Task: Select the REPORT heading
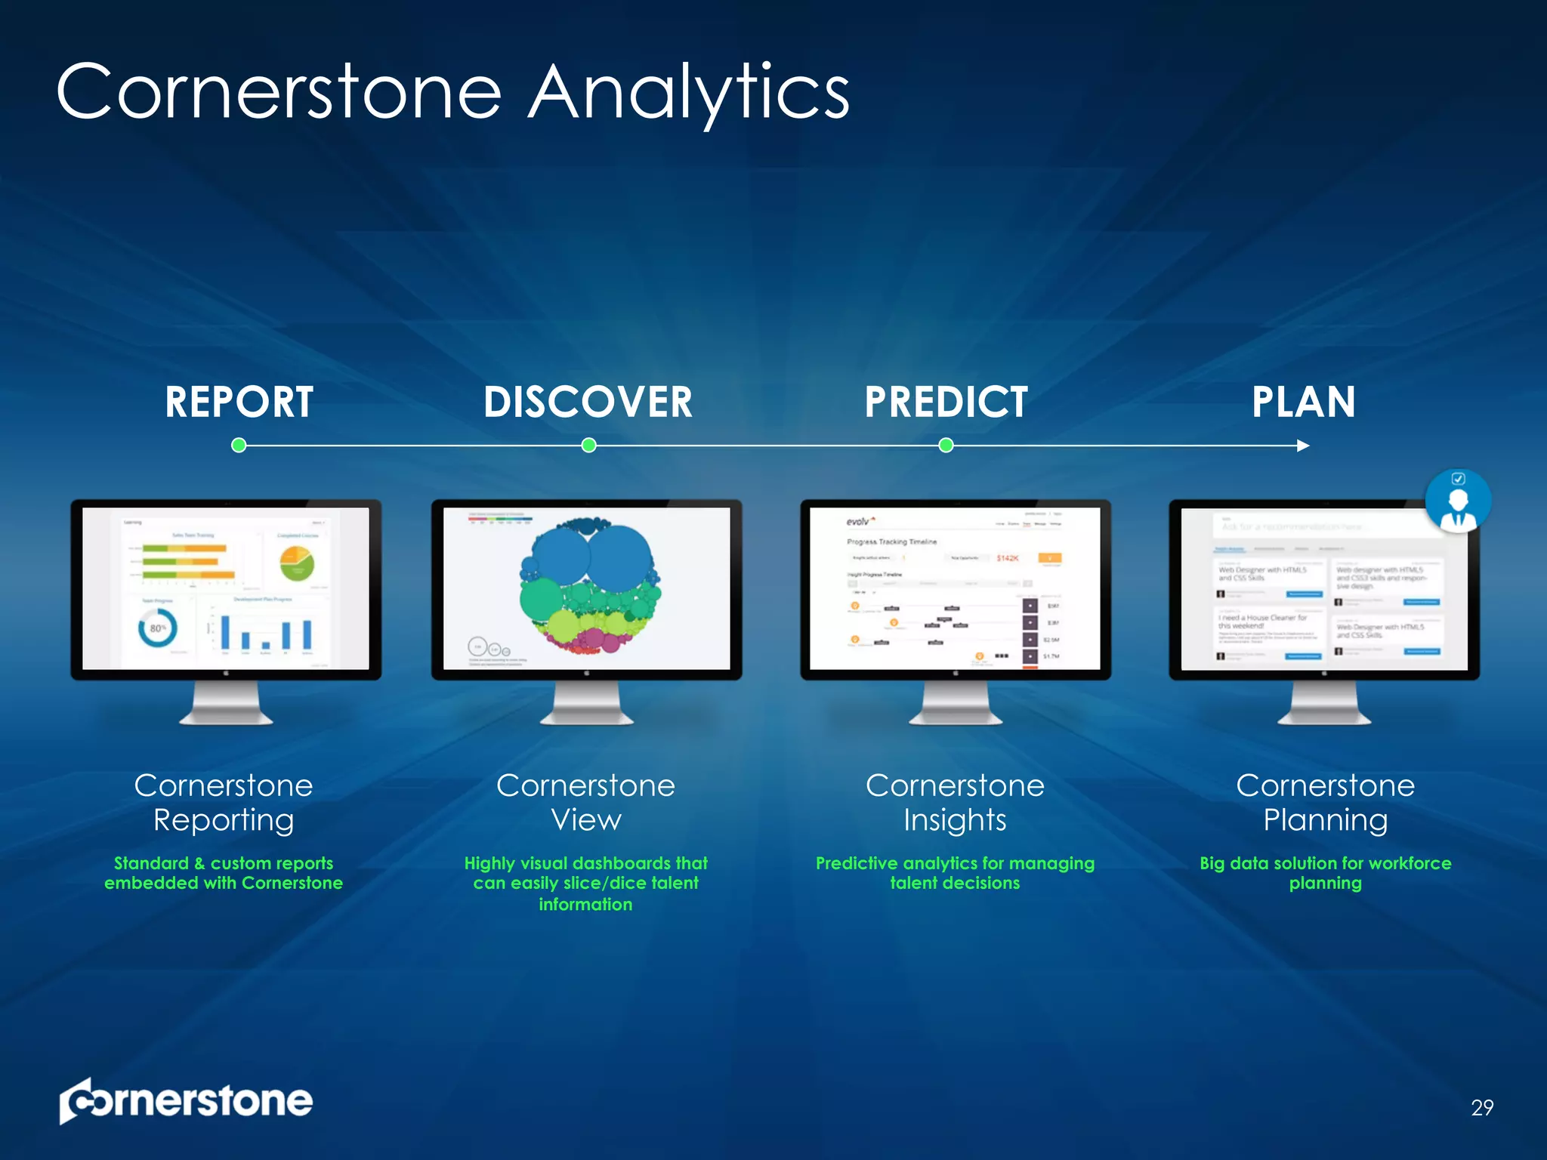pyautogui.click(x=239, y=402)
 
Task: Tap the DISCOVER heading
pyautogui.click(x=588, y=402)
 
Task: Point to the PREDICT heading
pyautogui.click(x=946, y=402)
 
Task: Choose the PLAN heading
pyautogui.click(x=1303, y=402)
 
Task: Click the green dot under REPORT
pyautogui.click(x=239, y=445)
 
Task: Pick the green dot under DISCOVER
pyautogui.click(x=589, y=445)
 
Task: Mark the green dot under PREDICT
pyautogui.click(x=946, y=445)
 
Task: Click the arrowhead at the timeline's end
pyautogui.click(x=1303, y=446)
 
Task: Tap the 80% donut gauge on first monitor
pyautogui.click(x=158, y=628)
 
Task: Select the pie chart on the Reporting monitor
pyautogui.click(x=297, y=564)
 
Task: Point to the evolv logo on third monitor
pyautogui.click(x=860, y=521)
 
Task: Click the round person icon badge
pyautogui.click(x=1458, y=501)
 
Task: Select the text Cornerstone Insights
pyautogui.click(x=955, y=802)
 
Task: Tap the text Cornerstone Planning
pyautogui.click(x=1325, y=802)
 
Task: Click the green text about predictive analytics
pyautogui.click(x=955, y=873)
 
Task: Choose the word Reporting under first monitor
pyautogui.click(x=224, y=820)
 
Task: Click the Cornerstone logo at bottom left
pyautogui.click(x=186, y=1101)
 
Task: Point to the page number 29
pyautogui.click(x=1482, y=1107)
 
